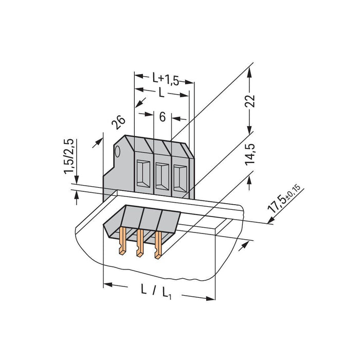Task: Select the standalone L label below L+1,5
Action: (x=162, y=93)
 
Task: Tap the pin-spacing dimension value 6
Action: (x=163, y=118)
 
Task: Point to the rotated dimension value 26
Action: (x=118, y=122)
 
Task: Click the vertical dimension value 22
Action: (x=250, y=100)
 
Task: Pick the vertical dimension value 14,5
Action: (x=250, y=155)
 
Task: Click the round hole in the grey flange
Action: (x=117, y=152)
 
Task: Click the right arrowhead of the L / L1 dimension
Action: (x=211, y=298)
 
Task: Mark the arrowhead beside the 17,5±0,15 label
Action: (x=269, y=222)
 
